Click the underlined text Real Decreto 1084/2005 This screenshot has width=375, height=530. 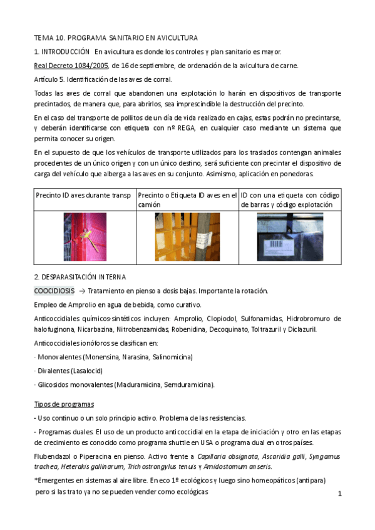point(71,66)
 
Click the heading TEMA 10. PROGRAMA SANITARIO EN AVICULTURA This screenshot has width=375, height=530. point(116,37)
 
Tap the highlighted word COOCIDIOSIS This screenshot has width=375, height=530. point(54,291)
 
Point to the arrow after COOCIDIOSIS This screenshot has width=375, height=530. point(81,291)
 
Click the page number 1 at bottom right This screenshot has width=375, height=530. point(339,494)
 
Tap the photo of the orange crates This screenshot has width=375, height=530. point(187,237)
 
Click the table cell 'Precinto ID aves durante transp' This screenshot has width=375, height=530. point(84,195)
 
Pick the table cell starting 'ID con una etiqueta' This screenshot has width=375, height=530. point(290,199)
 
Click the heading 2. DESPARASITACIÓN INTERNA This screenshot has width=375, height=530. point(80,276)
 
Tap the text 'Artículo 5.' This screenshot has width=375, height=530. point(49,79)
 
